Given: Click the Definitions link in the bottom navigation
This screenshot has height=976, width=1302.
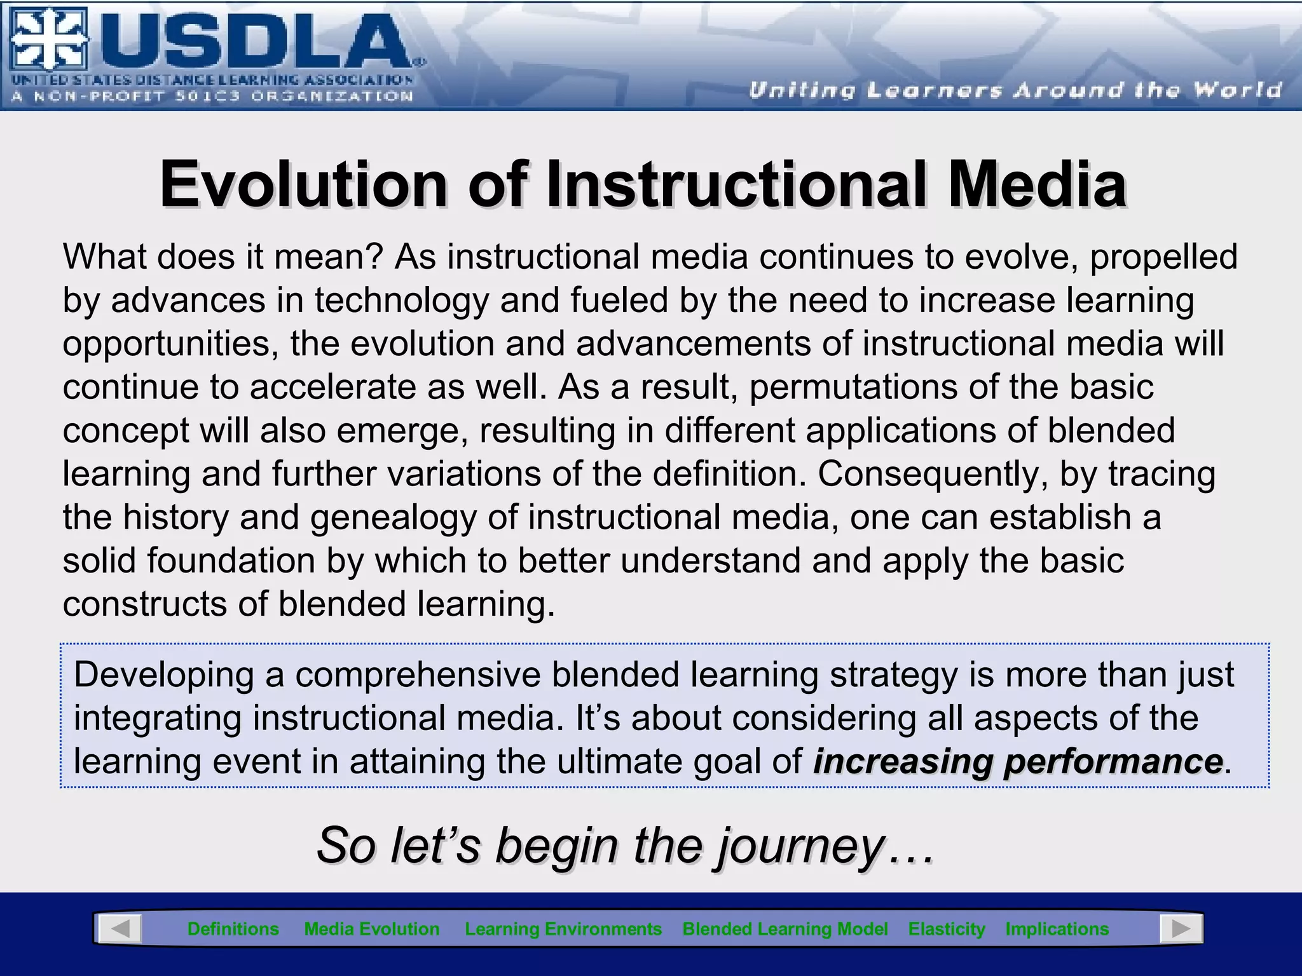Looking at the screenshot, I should tap(233, 929).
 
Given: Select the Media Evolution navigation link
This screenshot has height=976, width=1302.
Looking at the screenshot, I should tap(372, 929).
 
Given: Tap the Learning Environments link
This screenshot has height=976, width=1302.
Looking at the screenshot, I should tap(563, 929).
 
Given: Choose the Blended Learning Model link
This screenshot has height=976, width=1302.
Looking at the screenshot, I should tap(785, 929).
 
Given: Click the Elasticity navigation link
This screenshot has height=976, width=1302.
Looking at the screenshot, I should tap(946, 929).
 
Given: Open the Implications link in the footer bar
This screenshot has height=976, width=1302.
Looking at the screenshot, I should tap(1057, 929).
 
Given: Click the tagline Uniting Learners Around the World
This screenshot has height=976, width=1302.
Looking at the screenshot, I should tap(1015, 90).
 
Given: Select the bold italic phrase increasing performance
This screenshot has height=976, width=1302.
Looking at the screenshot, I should tap(1017, 761).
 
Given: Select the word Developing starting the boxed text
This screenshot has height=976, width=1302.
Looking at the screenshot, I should tap(164, 675).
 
